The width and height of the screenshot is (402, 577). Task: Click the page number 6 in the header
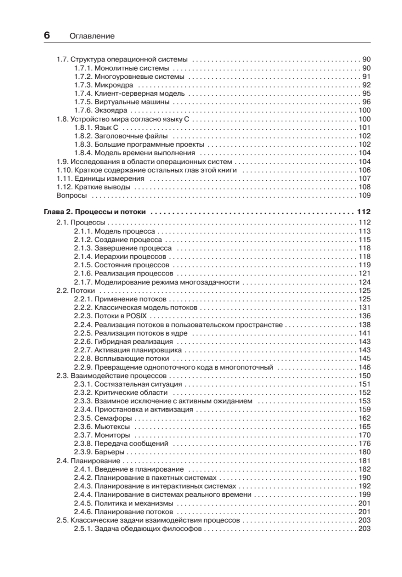coord(47,36)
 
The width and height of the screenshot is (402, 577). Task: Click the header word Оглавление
coord(92,36)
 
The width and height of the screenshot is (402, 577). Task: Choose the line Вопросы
coord(72,195)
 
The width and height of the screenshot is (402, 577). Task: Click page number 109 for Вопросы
coord(364,195)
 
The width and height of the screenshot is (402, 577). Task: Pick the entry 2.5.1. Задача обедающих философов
coord(138,529)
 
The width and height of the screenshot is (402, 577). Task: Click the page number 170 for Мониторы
coord(364,435)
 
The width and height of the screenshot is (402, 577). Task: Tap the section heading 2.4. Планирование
coord(88,461)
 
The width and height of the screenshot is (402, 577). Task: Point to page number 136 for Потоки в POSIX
coord(364,316)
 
